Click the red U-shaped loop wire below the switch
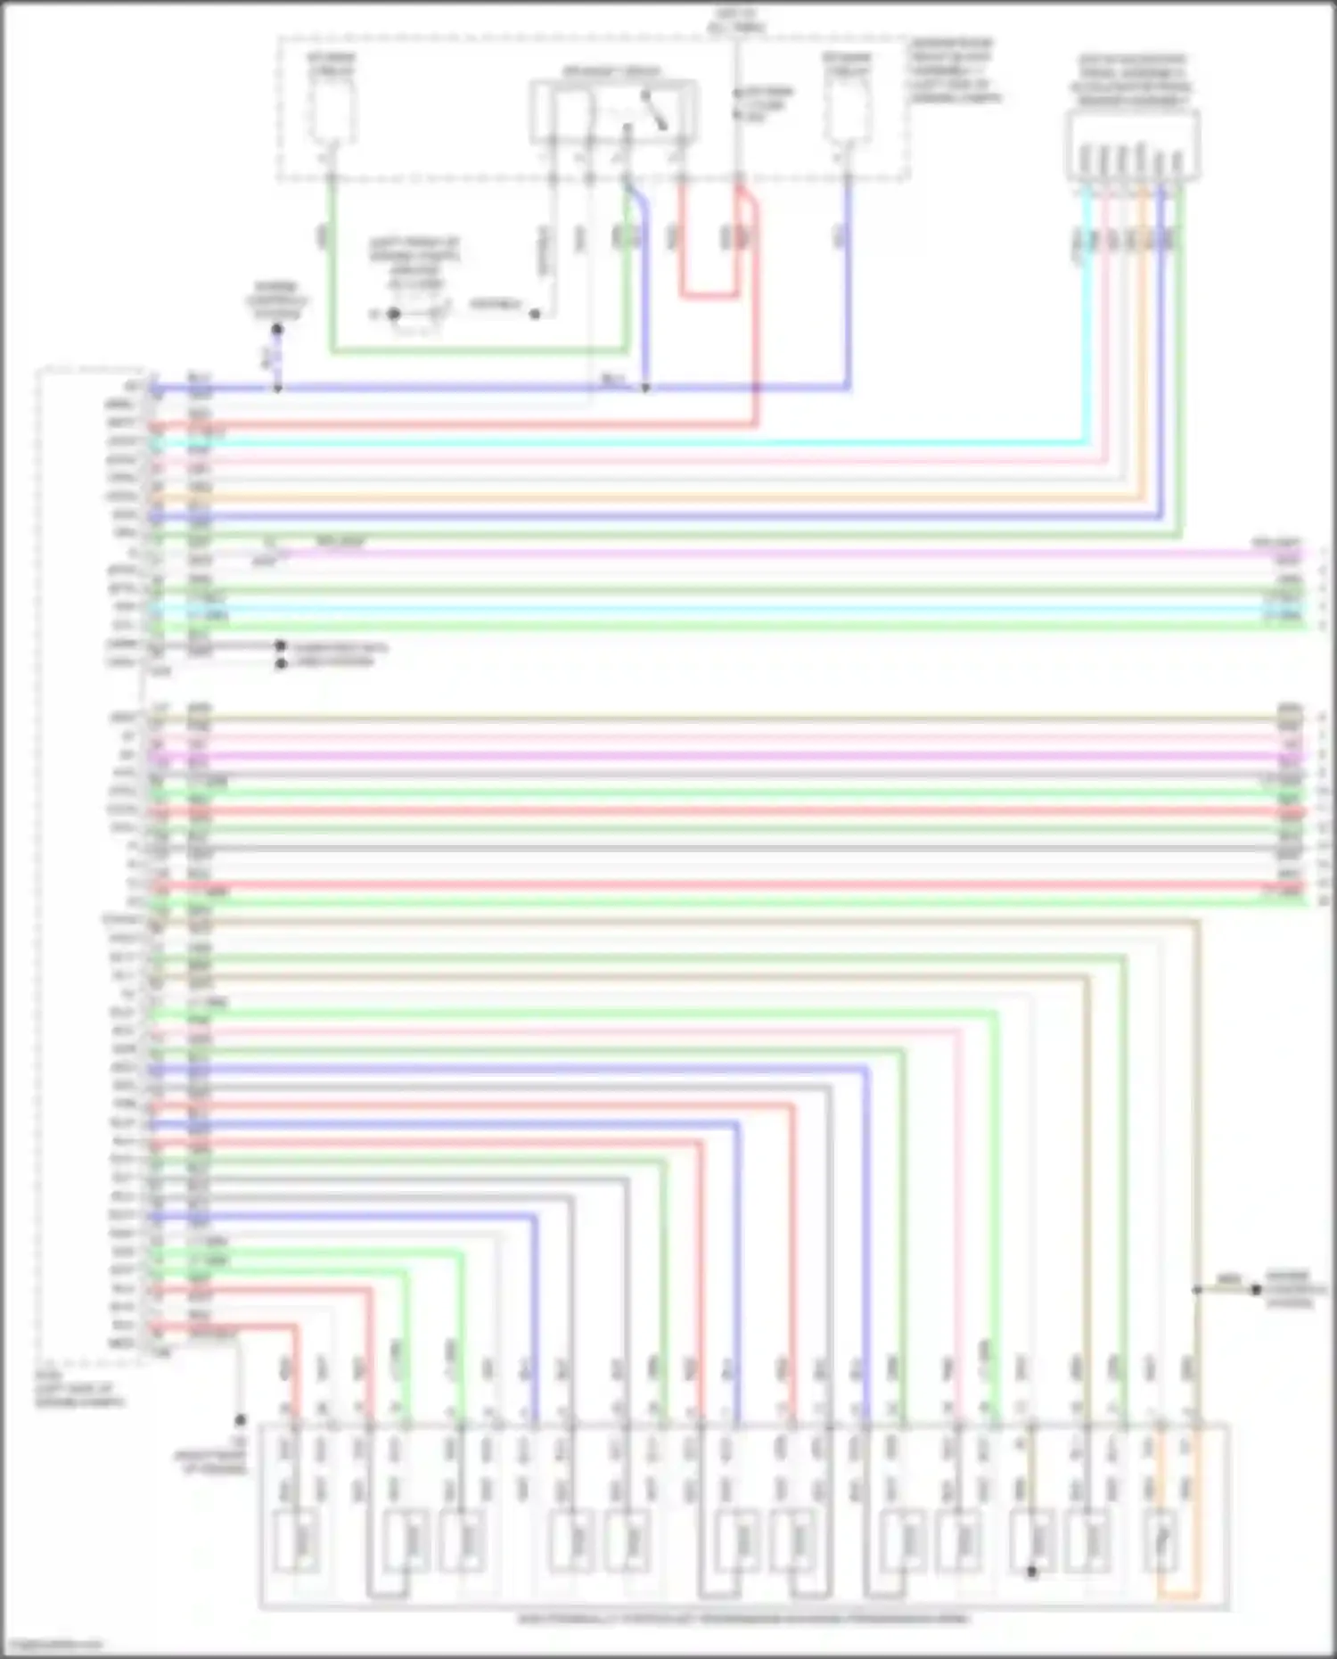[709, 294]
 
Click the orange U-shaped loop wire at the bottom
[1178, 1595]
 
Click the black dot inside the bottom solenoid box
[1031, 1572]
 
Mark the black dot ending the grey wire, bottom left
[240, 1419]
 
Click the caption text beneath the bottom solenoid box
[744, 1618]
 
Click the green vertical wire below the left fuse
[332, 267]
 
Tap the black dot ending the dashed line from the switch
[535, 314]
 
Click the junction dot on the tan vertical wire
[1197, 1290]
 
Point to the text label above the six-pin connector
[1131, 80]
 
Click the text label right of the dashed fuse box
[954, 71]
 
